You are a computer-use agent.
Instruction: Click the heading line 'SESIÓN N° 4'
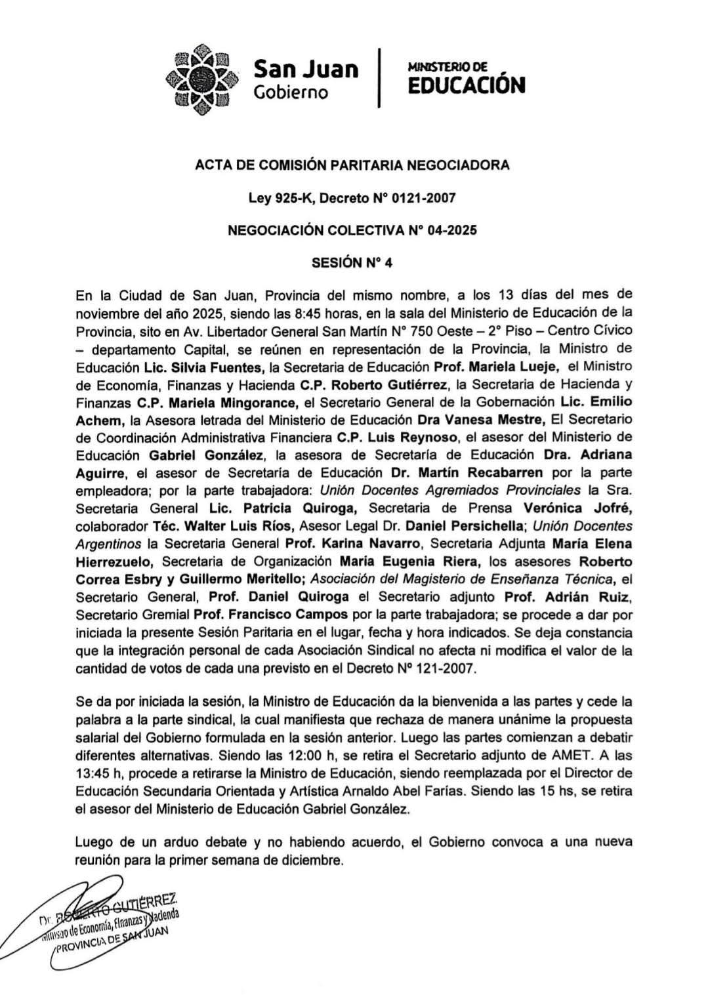click(x=352, y=263)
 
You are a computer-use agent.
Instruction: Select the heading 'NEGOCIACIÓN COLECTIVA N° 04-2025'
click(x=352, y=230)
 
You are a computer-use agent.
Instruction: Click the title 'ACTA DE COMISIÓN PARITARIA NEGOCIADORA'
click(x=352, y=165)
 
